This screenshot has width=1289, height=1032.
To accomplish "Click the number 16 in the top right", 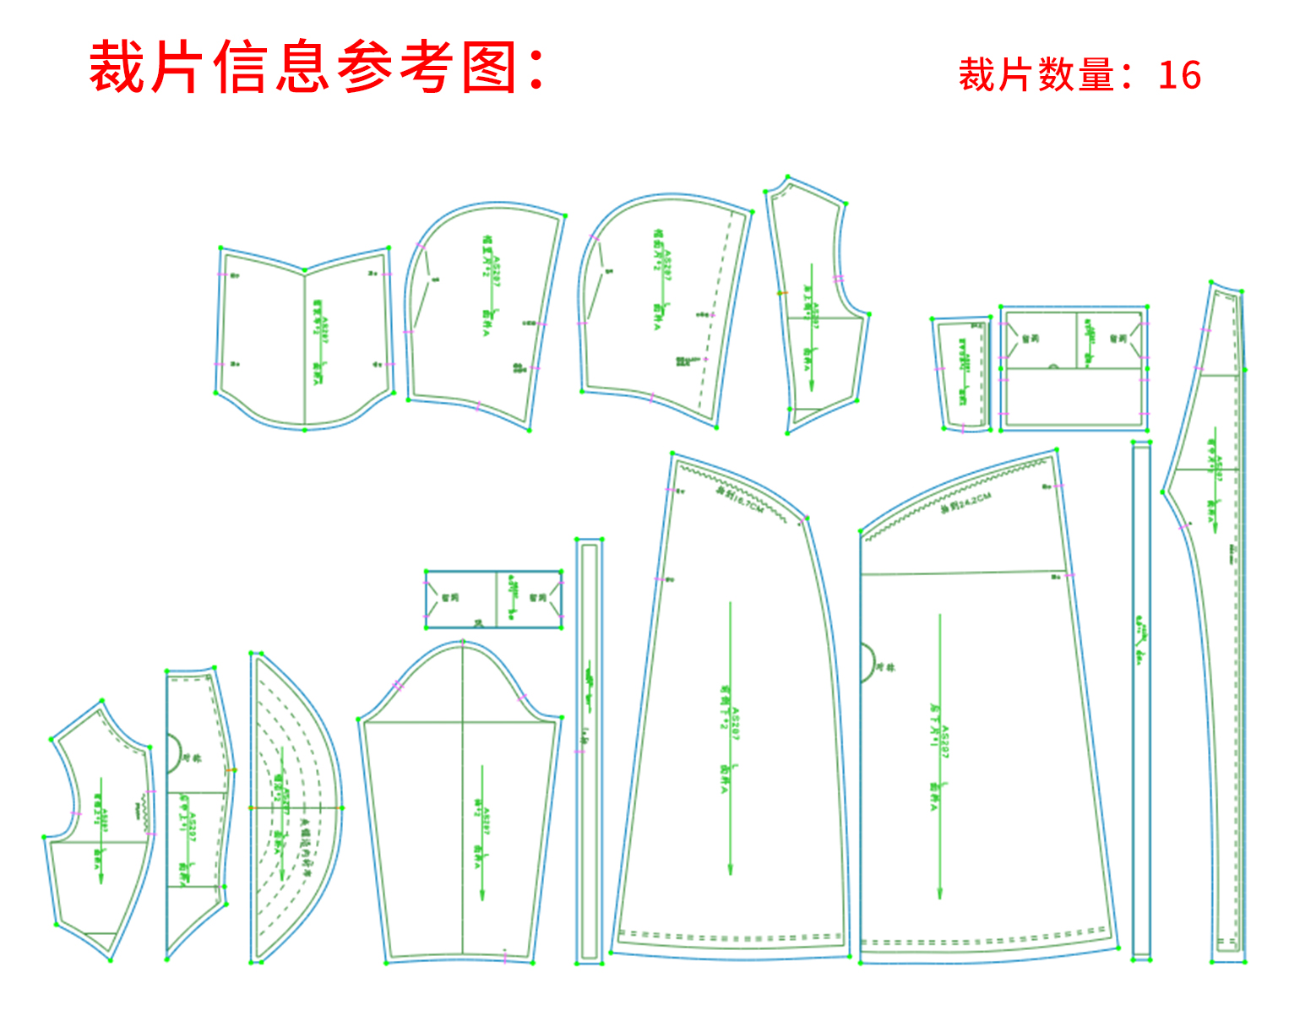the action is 1179,75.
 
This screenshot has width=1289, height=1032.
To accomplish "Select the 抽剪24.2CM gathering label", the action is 965,503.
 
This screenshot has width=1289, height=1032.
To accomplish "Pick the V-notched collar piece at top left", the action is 305,338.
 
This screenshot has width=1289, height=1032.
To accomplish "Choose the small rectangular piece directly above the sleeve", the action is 494,599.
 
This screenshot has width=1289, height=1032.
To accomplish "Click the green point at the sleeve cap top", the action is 462,643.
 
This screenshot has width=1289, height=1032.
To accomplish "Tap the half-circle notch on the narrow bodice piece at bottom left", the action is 174,752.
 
